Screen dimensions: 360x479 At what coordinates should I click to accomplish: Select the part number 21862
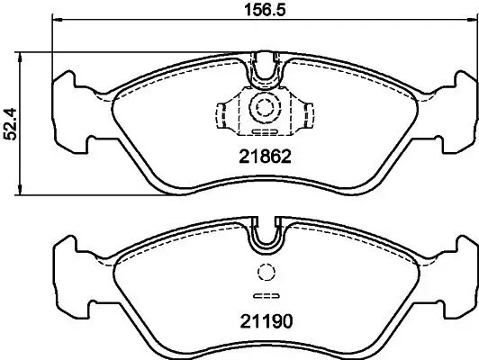(263, 155)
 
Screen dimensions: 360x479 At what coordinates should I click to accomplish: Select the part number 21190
(263, 319)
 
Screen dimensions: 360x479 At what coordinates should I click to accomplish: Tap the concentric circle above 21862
(264, 108)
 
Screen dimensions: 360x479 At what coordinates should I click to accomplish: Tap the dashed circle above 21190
(264, 274)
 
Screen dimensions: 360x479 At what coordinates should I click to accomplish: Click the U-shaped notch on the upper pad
(264, 66)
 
